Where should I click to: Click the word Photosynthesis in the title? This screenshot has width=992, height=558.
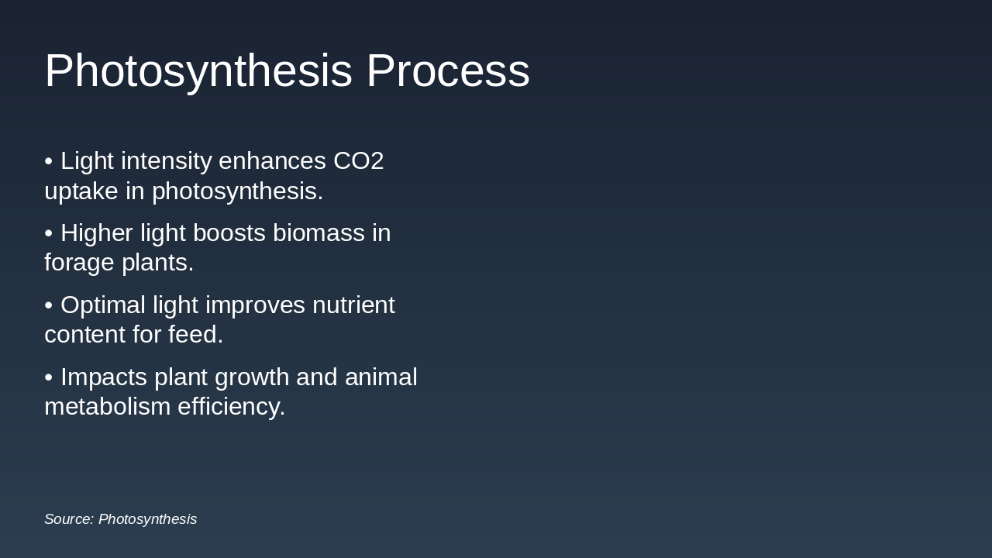[x=198, y=71]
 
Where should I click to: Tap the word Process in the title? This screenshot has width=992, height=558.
[x=448, y=71]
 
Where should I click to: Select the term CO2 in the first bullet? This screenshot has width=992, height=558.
[x=358, y=161]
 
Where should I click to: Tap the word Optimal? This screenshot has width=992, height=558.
[x=103, y=305]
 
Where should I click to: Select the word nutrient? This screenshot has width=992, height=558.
[x=353, y=305]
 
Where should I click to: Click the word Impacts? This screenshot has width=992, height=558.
[x=104, y=377]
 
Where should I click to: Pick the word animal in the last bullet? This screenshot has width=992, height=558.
[x=381, y=377]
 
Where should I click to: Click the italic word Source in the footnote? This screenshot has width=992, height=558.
[x=68, y=519]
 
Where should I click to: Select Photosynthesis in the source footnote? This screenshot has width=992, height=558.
[x=147, y=519]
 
